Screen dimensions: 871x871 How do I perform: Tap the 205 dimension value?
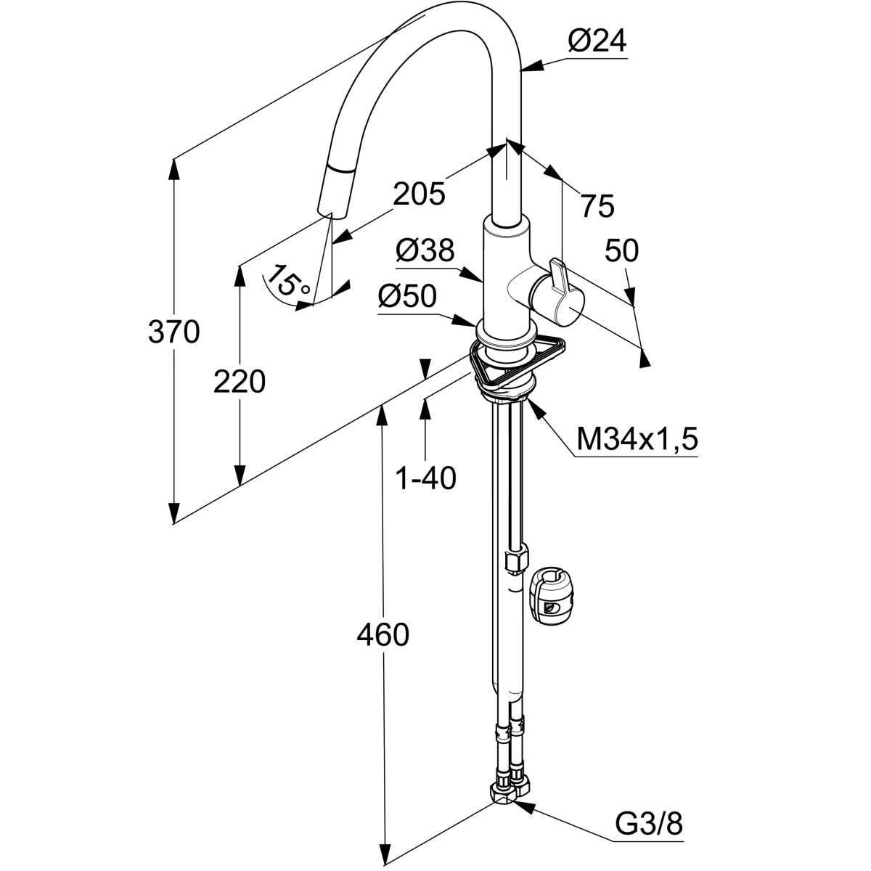[x=419, y=194]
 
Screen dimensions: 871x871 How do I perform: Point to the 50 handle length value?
[x=622, y=250]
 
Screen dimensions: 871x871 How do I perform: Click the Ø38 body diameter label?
[x=425, y=251]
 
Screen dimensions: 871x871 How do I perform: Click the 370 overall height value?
[x=173, y=332]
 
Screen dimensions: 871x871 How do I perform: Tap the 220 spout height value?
[x=239, y=381]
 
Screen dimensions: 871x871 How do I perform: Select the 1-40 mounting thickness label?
[x=425, y=478]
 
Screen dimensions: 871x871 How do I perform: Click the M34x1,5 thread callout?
[x=637, y=438]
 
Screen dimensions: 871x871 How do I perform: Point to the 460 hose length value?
[x=383, y=635]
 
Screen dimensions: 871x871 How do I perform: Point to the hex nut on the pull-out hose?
[x=514, y=561]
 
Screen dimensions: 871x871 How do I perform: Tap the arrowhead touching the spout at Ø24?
[x=525, y=70]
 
